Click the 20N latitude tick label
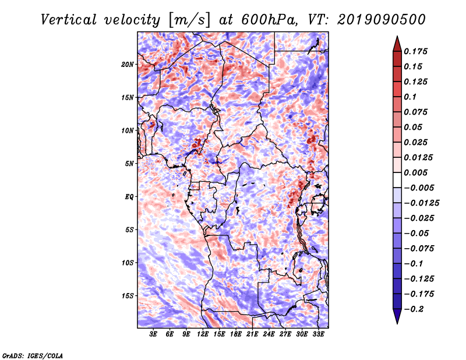(x=128, y=64)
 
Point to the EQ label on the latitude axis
(x=129, y=197)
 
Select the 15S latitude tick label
(x=128, y=296)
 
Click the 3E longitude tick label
(x=154, y=334)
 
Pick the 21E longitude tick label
(x=252, y=334)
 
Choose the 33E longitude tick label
(x=318, y=334)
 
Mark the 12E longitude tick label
(x=203, y=334)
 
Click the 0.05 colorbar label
(x=414, y=127)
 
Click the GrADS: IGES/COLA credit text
(x=33, y=355)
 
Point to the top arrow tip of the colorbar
(x=397, y=37)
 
